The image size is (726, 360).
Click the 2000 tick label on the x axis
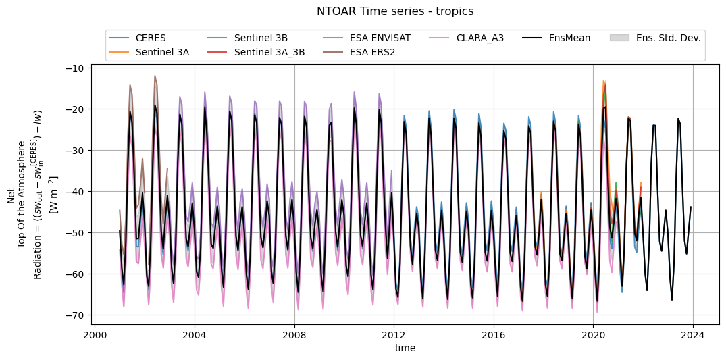click(95, 334)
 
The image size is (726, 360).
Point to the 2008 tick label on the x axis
click(294, 334)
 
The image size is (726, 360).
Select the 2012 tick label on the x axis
click(394, 334)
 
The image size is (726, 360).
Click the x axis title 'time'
click(405, 348)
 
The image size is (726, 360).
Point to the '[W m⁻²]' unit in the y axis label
click(54, 195)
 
